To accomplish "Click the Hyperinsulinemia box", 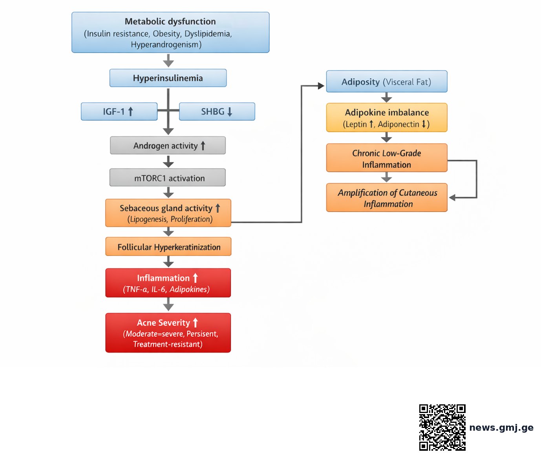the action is (x=168, y=78).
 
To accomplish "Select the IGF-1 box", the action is (x=119, y=111).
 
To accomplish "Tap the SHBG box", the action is (x=217, y=111).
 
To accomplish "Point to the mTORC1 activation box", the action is (x=168, y=177).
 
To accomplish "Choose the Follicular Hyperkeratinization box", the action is (x=168, y=247).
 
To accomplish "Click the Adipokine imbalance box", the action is (x=387, y=118).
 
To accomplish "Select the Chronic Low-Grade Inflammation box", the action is (x=387, y=158).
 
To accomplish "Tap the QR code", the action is (x=442, y=428).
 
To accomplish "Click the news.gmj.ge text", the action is (x=501, y=428).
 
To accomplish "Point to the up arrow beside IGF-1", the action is (x=130, y=111).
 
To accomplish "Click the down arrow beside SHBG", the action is (x=230, y=112).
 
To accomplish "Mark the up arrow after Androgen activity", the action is (x=203, y=146).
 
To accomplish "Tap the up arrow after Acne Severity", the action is (x=195, y=323).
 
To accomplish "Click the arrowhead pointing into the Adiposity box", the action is (x=321, y=85).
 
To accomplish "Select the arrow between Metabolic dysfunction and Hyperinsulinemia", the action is (x=168, y=61).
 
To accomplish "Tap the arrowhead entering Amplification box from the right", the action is (x=452, y=197).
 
